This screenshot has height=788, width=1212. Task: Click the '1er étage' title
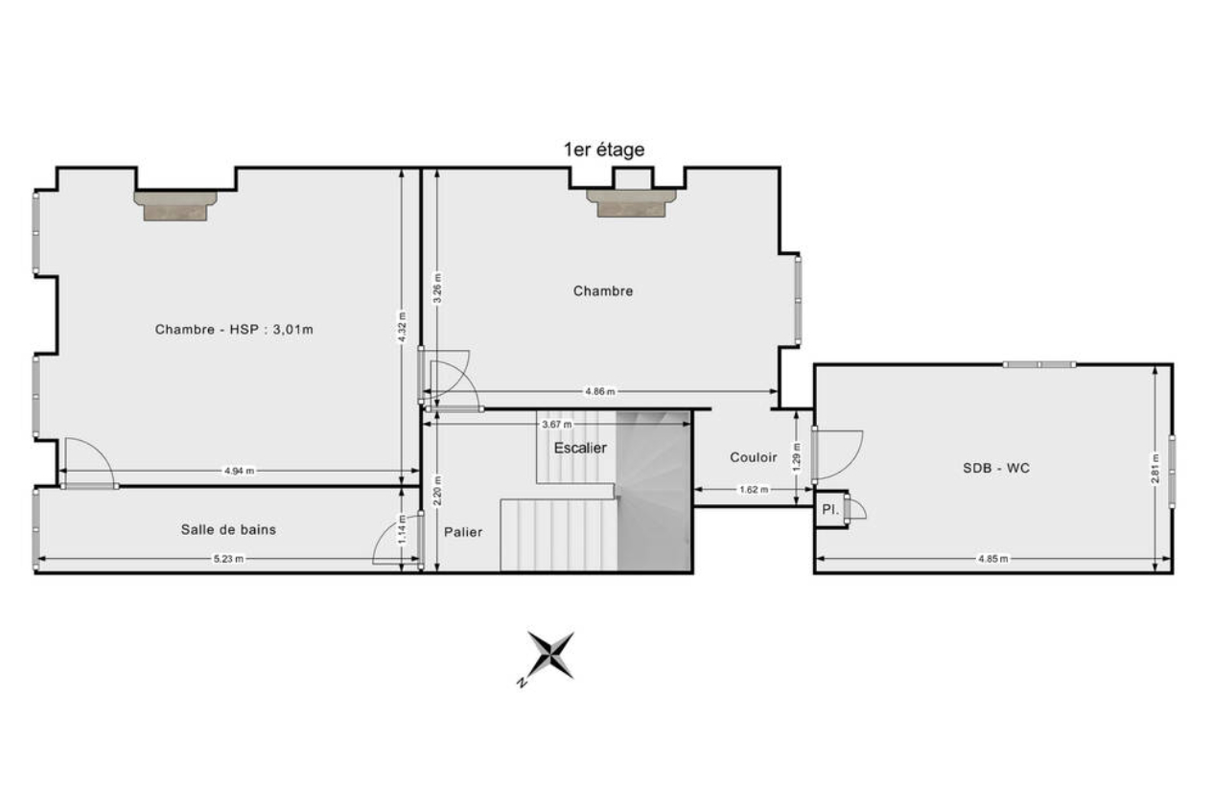click(x=604, y=150)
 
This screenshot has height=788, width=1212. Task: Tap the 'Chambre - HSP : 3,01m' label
click(x=234, y=330)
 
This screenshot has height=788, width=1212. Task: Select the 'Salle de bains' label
click(x=228, y=529)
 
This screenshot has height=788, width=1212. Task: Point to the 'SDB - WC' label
click(x=996, y=468)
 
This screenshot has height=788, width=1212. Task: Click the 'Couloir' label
click(x=753, y=457)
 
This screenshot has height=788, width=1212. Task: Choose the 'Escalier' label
click(x=580, y=448)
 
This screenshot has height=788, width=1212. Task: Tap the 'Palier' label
click(x=463, y=532)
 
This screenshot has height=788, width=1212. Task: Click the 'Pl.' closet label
click(x=829, y=509)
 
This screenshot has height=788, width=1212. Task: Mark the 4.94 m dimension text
click(x=239, y=471)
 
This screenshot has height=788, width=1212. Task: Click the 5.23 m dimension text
click(x=228, y=559)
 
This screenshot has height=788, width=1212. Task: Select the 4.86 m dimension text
click(x=600, y=391)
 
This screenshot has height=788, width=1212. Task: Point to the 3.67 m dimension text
click(x=557, y=425)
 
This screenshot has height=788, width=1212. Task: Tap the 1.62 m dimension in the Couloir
click(x=754, y=490)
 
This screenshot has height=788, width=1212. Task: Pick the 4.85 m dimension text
click(x=992, y=559)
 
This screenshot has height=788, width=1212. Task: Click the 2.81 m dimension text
click(x=1154, y=469)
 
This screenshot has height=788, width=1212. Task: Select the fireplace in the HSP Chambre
click(x=175, y=205)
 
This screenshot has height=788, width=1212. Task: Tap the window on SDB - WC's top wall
click(x=1039, y=364)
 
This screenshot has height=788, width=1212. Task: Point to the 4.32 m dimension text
click(x=401, y=327)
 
